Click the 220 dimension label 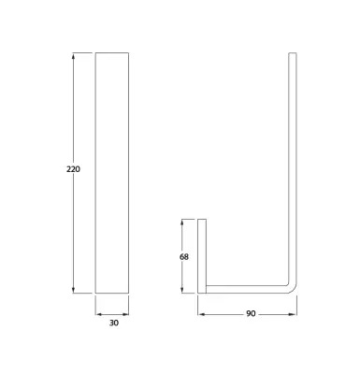[x=73, y=169]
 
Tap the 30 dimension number [x=114, y=324]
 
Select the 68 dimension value [x=184, y=257]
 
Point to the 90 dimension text [x=251, y=314]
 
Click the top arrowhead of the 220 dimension [x=73, y=56]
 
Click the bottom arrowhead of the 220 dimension [x=73, y=290]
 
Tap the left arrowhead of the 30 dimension [x=98, y=314]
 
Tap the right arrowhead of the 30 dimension [x=125, y=314]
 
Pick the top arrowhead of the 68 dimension [x=182, y=223]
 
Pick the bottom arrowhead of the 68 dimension [x=182, y=290]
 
